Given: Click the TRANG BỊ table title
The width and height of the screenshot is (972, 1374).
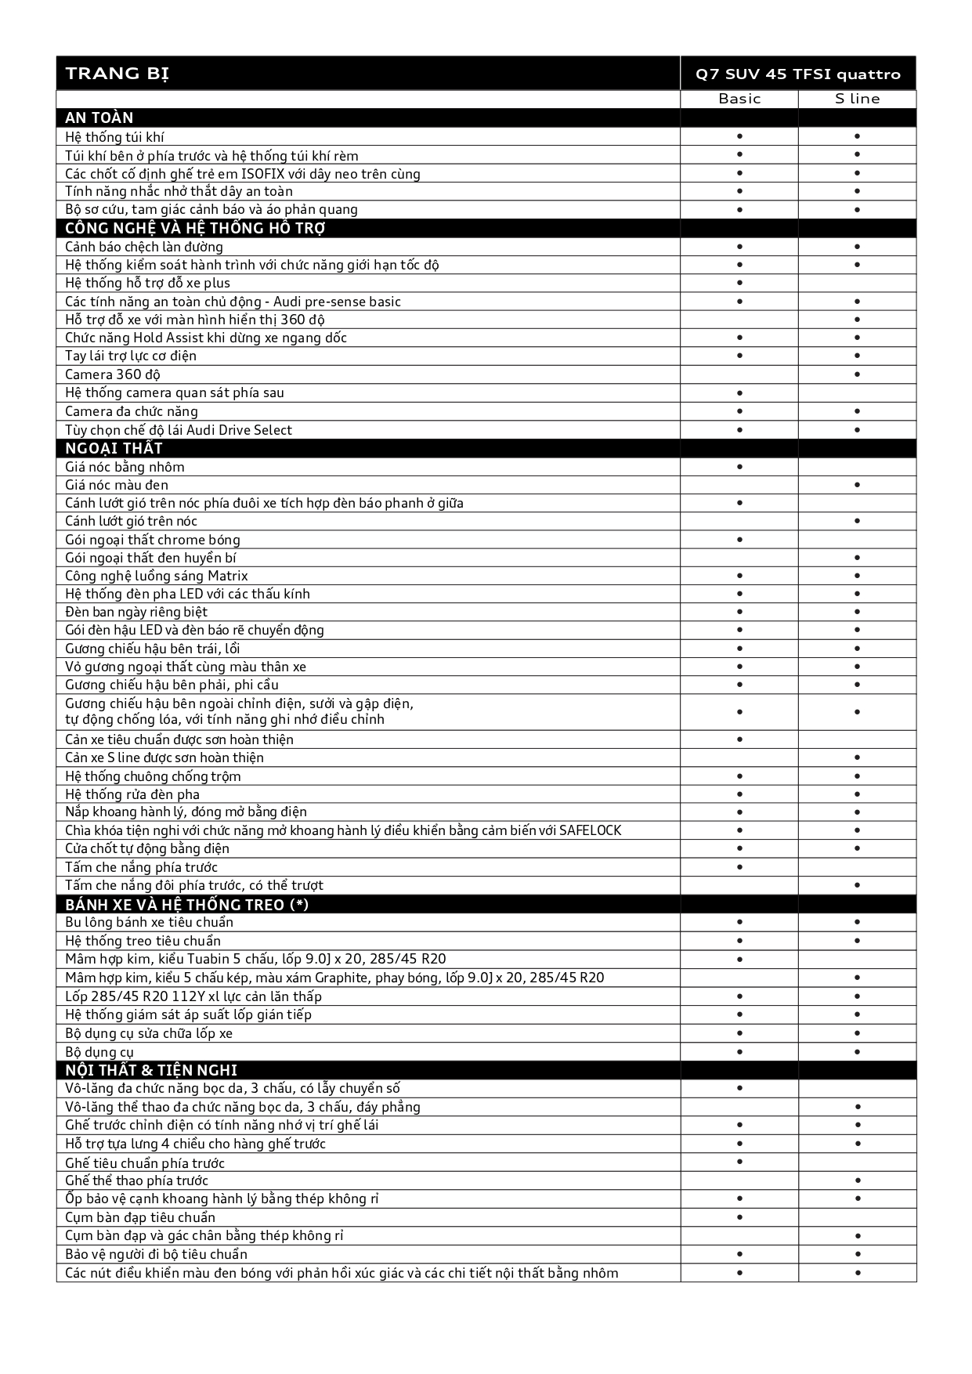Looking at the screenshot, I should click(117, 74).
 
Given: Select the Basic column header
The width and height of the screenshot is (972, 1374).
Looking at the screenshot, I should click(739, 99).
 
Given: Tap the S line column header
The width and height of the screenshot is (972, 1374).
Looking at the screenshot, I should click(857, 99).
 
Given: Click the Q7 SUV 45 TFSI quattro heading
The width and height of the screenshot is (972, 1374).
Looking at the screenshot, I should click(798, 74).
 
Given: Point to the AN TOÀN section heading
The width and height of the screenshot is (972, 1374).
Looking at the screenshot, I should click(99, 118).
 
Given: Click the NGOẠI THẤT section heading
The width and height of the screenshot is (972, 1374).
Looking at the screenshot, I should click(114, 448).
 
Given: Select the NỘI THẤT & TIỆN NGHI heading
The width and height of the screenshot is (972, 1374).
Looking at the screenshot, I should click(151, 1070).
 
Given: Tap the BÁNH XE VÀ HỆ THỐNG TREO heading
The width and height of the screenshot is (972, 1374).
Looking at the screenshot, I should click(186, 904).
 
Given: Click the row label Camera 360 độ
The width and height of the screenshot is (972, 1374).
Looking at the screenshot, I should click(113, 374).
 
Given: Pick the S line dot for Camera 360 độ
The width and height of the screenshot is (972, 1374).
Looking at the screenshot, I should click(858, 374).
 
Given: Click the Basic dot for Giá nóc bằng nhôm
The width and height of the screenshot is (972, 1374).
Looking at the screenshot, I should click(739, 467).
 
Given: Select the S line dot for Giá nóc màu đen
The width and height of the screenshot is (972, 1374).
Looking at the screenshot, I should click(858, 485).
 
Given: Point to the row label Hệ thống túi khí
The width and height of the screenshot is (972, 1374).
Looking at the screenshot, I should click(114, 137).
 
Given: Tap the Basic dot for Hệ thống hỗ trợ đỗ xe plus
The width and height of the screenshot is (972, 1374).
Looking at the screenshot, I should click(739, 283).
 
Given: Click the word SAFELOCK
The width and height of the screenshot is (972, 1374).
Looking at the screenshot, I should click(590, 830).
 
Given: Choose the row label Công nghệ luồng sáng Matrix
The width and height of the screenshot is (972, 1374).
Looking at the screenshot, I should click(157, 576).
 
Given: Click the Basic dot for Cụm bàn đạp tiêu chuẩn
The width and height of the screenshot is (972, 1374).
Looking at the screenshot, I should click(739, 1217).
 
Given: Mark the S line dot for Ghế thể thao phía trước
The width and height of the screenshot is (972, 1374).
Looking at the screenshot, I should click(858, 1181).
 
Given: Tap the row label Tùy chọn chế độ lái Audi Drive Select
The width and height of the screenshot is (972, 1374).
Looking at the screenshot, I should click(179, 430).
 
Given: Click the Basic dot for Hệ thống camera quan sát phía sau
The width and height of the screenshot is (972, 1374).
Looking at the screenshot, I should click(739, 393).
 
